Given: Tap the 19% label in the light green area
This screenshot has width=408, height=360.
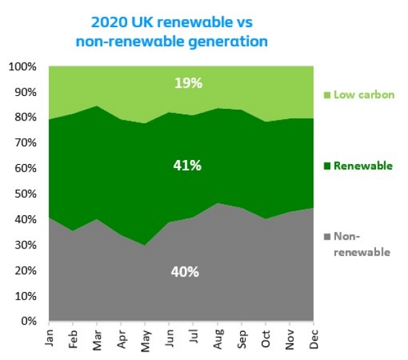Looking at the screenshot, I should (188, 83).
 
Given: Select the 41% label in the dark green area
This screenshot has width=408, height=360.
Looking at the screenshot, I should (187, 165).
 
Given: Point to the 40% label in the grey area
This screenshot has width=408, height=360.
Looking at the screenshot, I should (184, 272).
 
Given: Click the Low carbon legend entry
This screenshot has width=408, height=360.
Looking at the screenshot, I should (359, 95).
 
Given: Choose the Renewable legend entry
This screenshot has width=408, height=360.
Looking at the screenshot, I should (359, 166).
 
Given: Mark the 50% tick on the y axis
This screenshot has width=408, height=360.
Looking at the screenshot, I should (26, 194).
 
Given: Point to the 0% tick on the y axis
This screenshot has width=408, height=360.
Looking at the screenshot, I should (29, 321).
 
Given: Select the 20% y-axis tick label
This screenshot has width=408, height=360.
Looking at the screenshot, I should (26, 270).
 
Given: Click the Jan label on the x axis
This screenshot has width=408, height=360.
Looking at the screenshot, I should (49, 338).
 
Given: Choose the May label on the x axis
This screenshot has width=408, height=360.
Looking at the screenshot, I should (145, 338).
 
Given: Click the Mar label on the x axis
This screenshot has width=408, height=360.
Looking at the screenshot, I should (97, 338).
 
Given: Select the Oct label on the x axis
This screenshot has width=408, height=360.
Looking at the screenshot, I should (265, 338).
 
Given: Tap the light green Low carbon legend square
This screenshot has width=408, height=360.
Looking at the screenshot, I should (327, 95).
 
